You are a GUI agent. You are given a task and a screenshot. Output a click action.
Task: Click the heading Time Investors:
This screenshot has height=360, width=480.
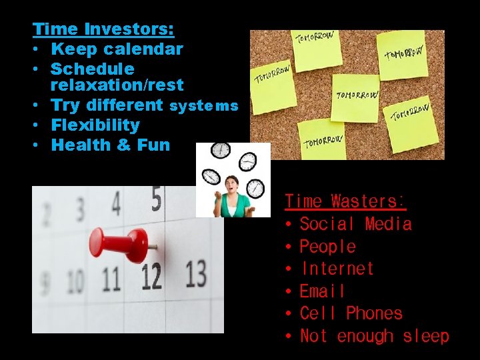tap(103, 29)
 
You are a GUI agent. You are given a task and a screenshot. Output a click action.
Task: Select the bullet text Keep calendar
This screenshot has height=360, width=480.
tap(117, 49)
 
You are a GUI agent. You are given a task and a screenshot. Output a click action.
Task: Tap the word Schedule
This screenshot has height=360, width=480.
tap(92, 69)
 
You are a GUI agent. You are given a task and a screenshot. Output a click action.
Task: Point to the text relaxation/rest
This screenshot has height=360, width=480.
tap(117, 85)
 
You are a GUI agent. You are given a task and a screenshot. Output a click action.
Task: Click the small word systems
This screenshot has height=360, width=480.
tap(204, 106)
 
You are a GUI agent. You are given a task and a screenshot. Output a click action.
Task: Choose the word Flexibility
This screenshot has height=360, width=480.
tap(95, 125)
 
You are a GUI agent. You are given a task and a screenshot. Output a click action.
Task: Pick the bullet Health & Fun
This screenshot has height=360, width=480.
tap(110, 145)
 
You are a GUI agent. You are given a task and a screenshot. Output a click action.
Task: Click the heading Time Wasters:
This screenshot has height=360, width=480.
tap(345, 201)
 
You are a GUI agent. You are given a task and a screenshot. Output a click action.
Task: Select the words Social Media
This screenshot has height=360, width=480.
tap(355, 224)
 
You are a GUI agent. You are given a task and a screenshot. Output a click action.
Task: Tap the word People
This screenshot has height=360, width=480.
tap(327, 247)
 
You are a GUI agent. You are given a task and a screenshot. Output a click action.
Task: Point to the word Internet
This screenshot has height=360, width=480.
tap(337, 269)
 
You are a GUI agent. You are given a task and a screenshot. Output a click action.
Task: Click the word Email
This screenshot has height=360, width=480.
tap(323, 291)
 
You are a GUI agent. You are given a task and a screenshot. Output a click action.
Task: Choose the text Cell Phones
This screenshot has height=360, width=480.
tap(351, 313)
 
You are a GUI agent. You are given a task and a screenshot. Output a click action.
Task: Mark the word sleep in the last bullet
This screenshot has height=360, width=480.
tap(426, 336)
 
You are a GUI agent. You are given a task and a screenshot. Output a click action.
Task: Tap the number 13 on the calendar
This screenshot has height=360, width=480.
tap(195, 273)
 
